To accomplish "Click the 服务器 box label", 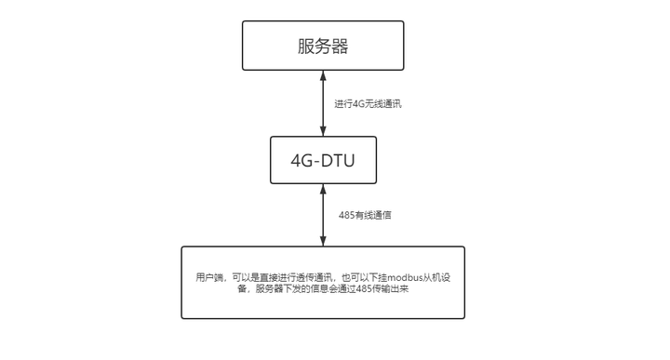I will pos(323,47).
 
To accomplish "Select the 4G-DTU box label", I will pos(323,163).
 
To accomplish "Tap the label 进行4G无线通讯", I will pos(368,103).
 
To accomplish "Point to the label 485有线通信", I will pos(364,215).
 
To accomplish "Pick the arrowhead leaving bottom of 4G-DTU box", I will pos(323,190).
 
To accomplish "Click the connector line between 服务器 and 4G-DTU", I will pos(323,103).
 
